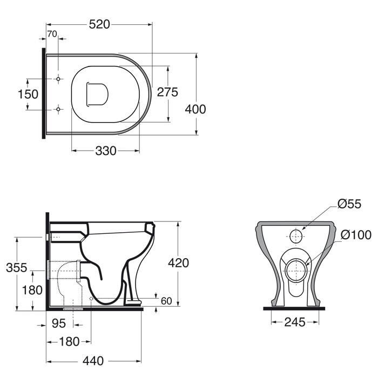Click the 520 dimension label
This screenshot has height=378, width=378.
99,24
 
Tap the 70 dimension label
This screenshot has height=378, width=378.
52,34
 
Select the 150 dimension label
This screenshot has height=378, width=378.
28,94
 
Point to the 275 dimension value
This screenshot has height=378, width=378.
167,92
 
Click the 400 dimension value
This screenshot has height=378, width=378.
195,109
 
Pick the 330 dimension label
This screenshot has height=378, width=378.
106,151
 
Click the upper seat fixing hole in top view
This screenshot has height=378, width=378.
58,79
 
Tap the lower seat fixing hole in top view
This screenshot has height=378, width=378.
58,109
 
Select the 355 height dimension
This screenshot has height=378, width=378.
16,268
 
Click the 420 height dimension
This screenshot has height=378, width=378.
178,263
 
